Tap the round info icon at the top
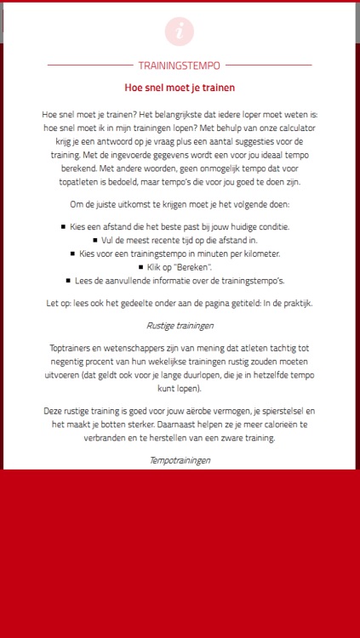click(180, 31)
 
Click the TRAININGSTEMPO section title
click(180, 65)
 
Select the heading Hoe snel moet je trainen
click(180, 88)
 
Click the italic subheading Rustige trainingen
click(180, 325)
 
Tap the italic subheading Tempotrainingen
click(180, 459)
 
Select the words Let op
click(58, 301)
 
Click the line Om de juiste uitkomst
click(180, 204)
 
